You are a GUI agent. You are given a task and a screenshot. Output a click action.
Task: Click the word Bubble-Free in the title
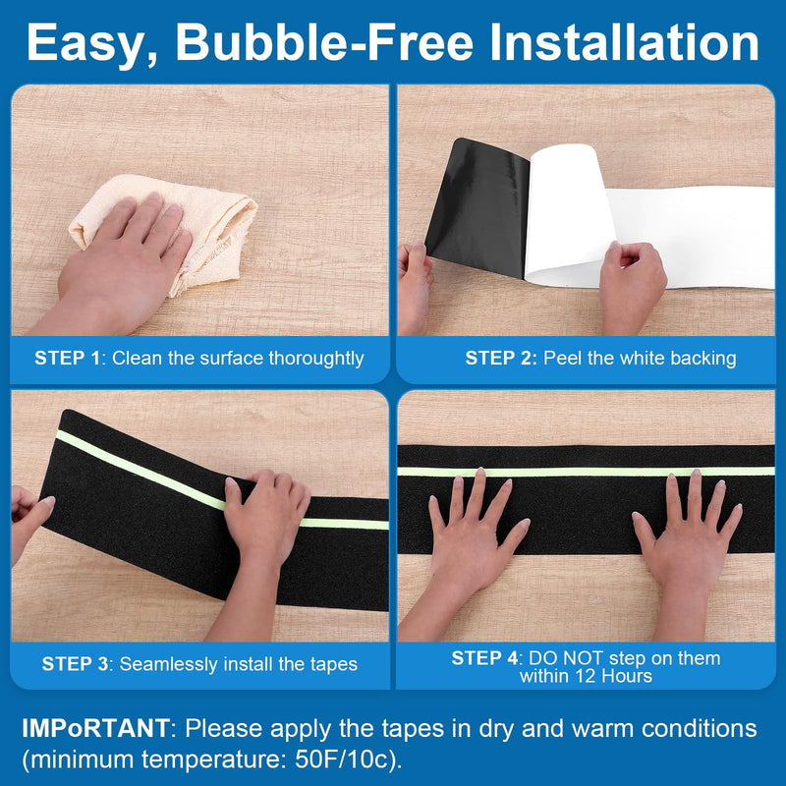click(324, 42)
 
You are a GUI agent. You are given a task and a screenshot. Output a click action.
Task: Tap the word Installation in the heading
click(624, 42)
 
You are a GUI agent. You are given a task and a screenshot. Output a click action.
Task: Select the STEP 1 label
click(68, 358)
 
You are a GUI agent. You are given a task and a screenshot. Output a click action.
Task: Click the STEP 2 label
click(501, 358)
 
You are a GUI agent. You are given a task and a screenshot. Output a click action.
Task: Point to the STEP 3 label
click(76, 664)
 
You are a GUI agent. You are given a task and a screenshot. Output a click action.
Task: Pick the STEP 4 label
click(484, 657)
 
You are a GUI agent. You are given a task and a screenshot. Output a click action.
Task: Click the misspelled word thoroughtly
click(315, 359)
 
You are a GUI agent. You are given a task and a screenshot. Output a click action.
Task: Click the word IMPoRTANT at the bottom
click(95, 728)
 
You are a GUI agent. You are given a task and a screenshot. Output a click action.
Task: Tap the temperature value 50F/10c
click(342, 759)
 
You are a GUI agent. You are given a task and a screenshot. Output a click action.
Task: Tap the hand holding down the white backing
click(632, 286)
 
